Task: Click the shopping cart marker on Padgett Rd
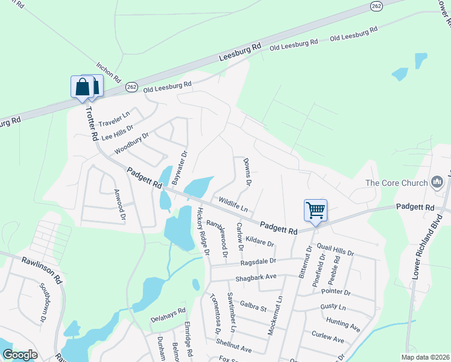315,210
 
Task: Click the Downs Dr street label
247,171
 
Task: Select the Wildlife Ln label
233,203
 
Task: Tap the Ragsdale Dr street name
257,262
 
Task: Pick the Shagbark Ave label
254,276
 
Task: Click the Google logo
20,355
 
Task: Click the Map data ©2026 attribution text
426,357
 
